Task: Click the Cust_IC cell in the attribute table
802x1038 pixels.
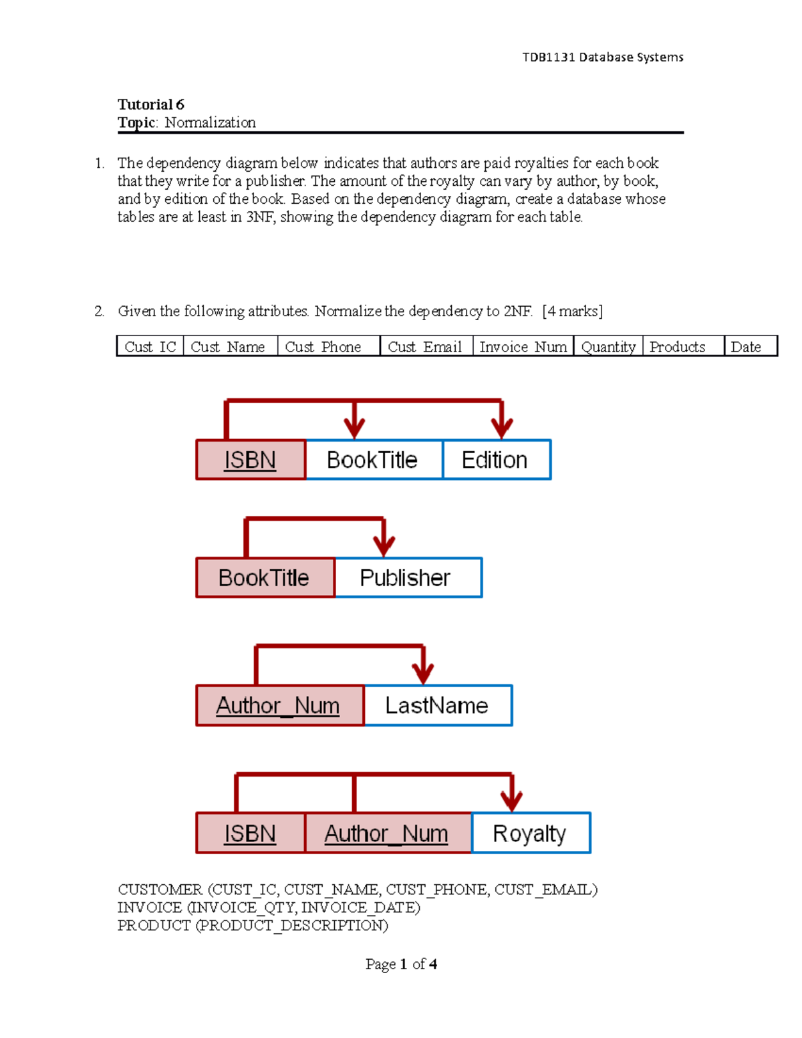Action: tap(150, 346)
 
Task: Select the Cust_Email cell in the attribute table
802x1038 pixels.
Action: tap(426, 346)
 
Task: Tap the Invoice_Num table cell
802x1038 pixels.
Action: tap(523, 346)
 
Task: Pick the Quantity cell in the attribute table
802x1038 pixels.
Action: tap(608, 346)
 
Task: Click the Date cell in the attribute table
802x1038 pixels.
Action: tap(750, 346)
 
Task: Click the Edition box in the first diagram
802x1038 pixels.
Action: tap(496, 460)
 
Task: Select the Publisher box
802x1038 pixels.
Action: tap(407, 577)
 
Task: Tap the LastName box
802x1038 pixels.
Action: tap(438, 705)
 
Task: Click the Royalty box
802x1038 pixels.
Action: tap(530, 833)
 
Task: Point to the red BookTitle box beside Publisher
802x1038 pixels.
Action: tap(265, 577)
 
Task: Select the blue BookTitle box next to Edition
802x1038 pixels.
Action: tap(373, 460)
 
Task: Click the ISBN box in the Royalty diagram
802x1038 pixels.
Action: tap(250, 833)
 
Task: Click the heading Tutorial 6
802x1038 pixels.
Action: tap(151, 104)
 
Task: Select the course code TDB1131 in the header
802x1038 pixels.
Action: tap(549, 57)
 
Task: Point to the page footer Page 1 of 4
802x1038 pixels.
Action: tap(401, 964)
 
